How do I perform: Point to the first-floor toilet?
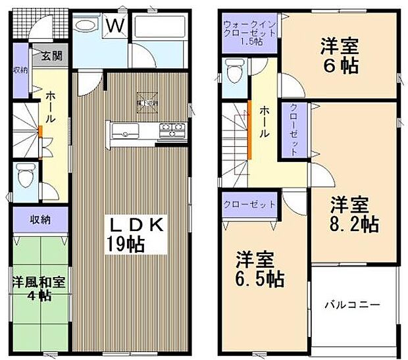pyautogui.click(x=24, y=176)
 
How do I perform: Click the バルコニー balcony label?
pyautogui.click(x=353, y=305)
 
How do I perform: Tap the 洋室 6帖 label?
pyautogui.click(x=340, y=56)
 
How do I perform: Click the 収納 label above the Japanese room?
pyautogui.click(x=36, y=220)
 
